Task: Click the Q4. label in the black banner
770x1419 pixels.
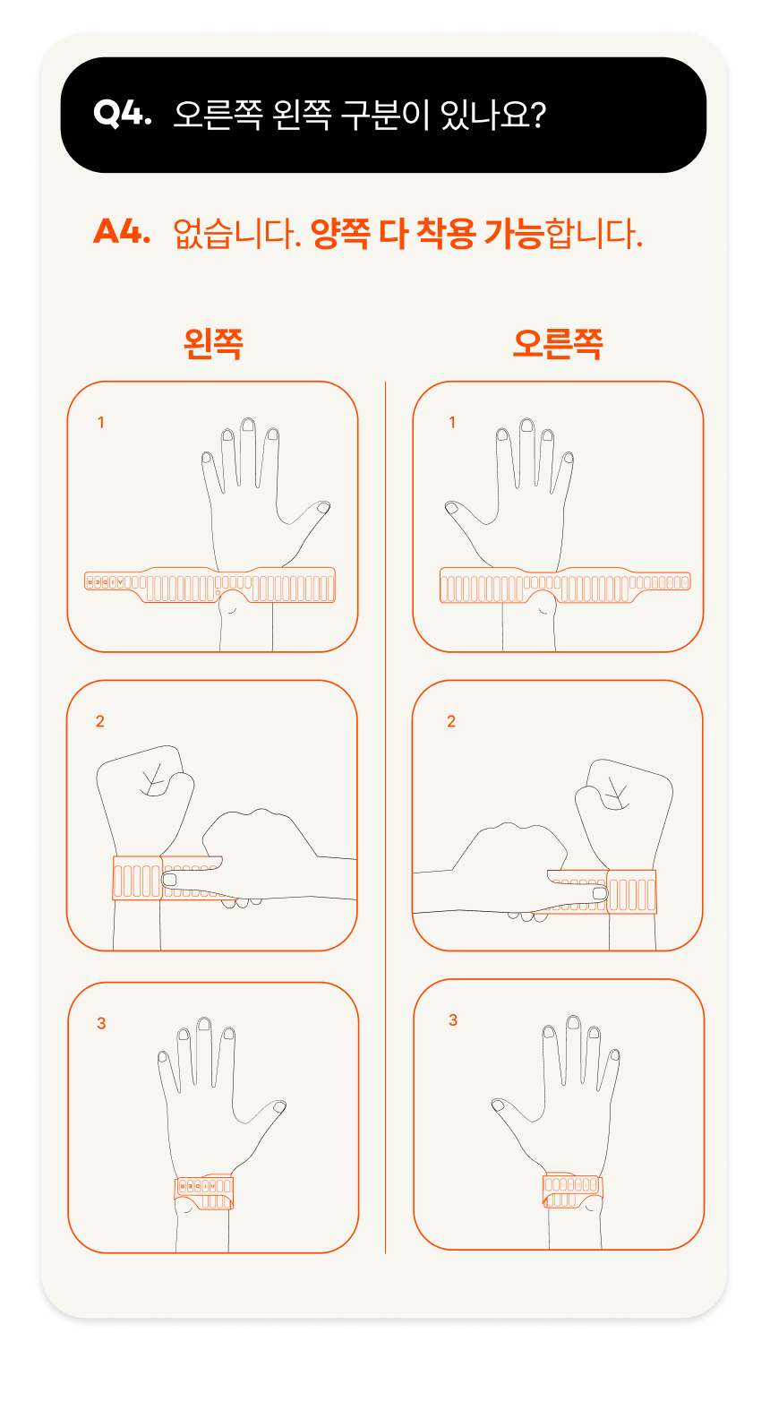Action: [x=122, y=114]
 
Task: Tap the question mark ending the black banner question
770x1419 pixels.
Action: [x=538, y=115]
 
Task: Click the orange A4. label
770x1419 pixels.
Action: [x=122, y=232]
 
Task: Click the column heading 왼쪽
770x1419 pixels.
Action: [x=213, y=344]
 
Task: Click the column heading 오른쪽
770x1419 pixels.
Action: [x=558, y=344]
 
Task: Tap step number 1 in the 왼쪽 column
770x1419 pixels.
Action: [x=100, y=423]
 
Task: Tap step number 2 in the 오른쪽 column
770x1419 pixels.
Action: [x=451, y=721]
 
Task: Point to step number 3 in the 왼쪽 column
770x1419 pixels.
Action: [x=101, y=1023]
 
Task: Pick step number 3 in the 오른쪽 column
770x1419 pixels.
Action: [x=453, y=1019]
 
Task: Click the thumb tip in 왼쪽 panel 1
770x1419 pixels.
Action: [x=323, y=507]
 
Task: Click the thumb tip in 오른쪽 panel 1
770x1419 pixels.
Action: [x=451, y=507]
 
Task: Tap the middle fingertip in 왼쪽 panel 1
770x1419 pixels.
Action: [x=248, y=425]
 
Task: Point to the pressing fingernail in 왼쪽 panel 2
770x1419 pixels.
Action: [x=169, y=880]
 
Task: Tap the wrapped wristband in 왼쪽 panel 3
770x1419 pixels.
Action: [x=204, y=1192]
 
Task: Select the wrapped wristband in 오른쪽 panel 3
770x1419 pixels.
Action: [x=572, y=1190]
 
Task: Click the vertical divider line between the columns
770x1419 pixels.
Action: [x=385, y=817]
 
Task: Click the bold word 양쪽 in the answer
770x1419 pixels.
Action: [x=340, y=233]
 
